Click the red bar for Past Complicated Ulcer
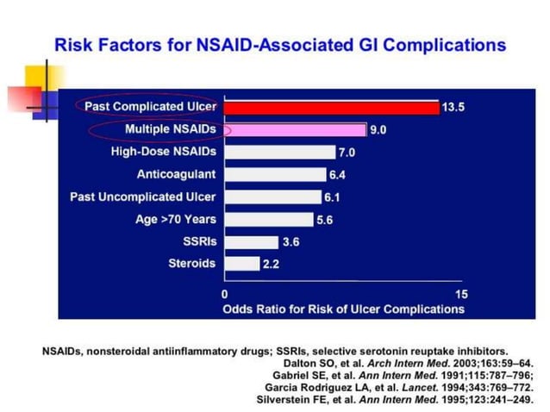point(332,108)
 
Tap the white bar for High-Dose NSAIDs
point(279,153)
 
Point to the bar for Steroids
point(241,264)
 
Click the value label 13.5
point(454,108)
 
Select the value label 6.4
point(339,175)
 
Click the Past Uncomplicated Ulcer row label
point(143,197)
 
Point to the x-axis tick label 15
point(460,294)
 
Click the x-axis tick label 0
point(225,294)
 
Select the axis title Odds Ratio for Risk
point(343,309)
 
